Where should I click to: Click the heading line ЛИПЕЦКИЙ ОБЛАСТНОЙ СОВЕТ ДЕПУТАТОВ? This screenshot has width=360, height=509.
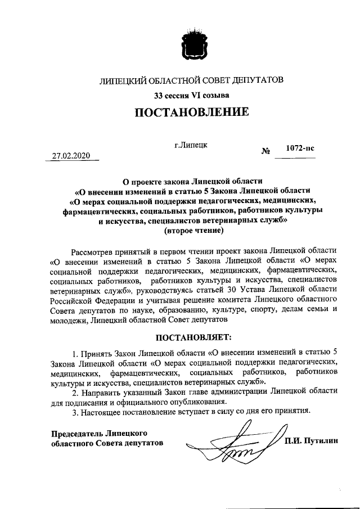pos(191,80)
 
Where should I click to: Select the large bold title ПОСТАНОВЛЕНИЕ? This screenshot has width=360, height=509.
pos(191,112)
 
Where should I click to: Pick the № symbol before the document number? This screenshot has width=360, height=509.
pos(266,151)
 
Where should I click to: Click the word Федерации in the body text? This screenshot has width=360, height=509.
pos(118,300)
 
